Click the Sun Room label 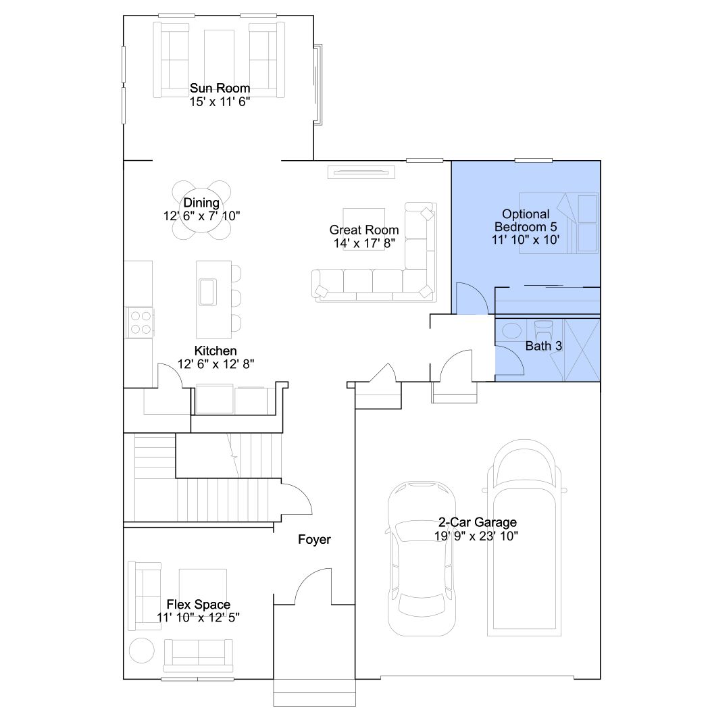coord(220,88)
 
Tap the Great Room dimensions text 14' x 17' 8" coord(364,243)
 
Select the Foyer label coord(314,540)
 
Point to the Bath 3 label coord(544,346)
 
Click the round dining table coord(201,210)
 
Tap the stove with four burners coord(141,322)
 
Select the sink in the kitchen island coord(207,292)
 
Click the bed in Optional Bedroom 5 coord(559,223)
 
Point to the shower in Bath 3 coord(582,350)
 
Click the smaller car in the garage coord(422,559)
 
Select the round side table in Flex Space coord(142,650)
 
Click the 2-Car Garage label coord(477,522)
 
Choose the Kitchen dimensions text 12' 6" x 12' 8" coord(216,364)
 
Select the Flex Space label coord(198,604)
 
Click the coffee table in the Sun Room coord(219,57)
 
